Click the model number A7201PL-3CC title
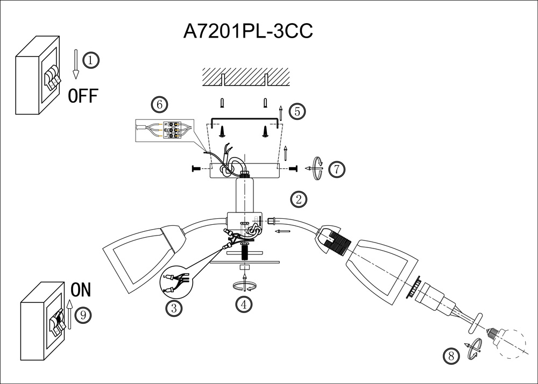pyautogui.click(x=248, y=31)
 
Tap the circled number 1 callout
pyautogui.click(x=91, y=60)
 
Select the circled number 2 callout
pyautogui.click(x=299, y=200)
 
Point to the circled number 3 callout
pyautogui.click(x=173, y=308)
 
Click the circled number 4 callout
pyautogui.click(x=244, y=304)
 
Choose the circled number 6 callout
pyautogui.click(x=159, y=104)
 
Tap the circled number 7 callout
pyautogui.click(x=336, y=169)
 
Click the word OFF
pyautogui.click(x=83, y=96)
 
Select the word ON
pyautogui.click(x=81, y=290)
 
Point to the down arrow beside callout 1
pyautogui.click(x=76, y=64)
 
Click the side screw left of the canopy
pyautogui.click(x=196, y=169)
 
